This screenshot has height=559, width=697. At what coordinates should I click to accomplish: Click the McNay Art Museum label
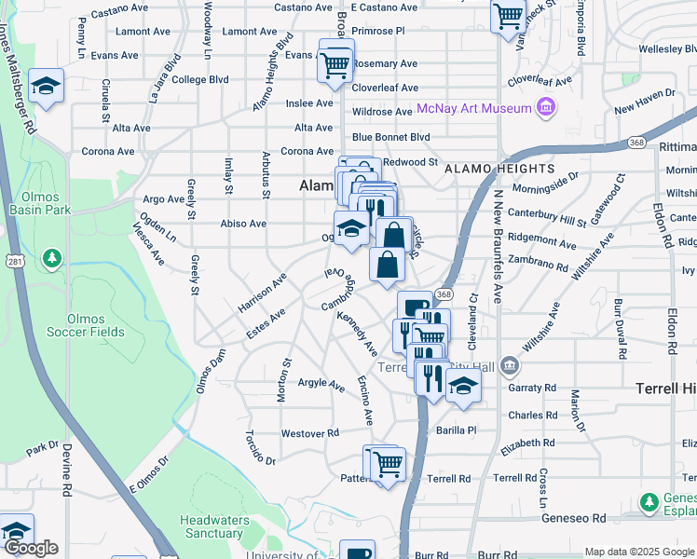[x=473, y=109]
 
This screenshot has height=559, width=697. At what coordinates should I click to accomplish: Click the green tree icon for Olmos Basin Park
[x=53, y=256]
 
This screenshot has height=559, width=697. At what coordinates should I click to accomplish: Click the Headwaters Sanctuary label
[x=213, y=526]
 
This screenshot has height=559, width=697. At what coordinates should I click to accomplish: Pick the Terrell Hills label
[x=665, y=387]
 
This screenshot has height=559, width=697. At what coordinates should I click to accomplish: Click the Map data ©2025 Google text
[x=639, y=552]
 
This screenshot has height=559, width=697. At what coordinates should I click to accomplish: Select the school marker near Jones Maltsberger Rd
[x=46, y=87]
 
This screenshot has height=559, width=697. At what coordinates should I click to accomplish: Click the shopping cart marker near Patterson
[x=389, y=462]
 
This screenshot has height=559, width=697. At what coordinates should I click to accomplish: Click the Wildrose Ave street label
[x=382, y=112]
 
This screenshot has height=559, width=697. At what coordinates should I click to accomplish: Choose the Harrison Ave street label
[x=262, y=292]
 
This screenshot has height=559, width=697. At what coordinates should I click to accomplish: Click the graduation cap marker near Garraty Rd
[x=462, y=386]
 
